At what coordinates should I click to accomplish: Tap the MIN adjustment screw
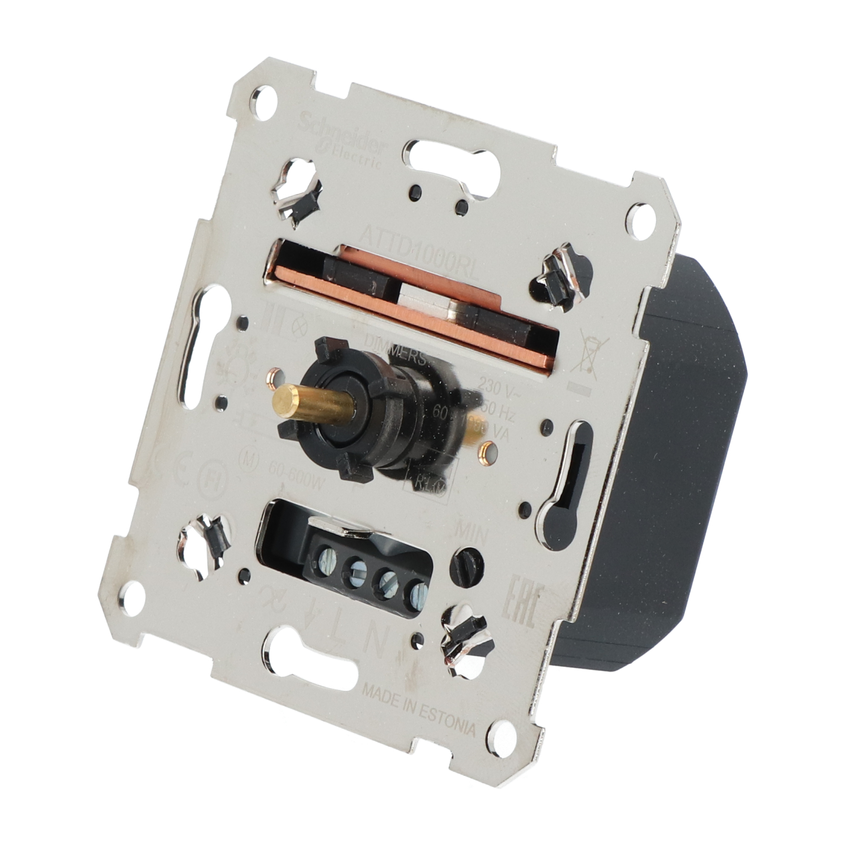(466, 564)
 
